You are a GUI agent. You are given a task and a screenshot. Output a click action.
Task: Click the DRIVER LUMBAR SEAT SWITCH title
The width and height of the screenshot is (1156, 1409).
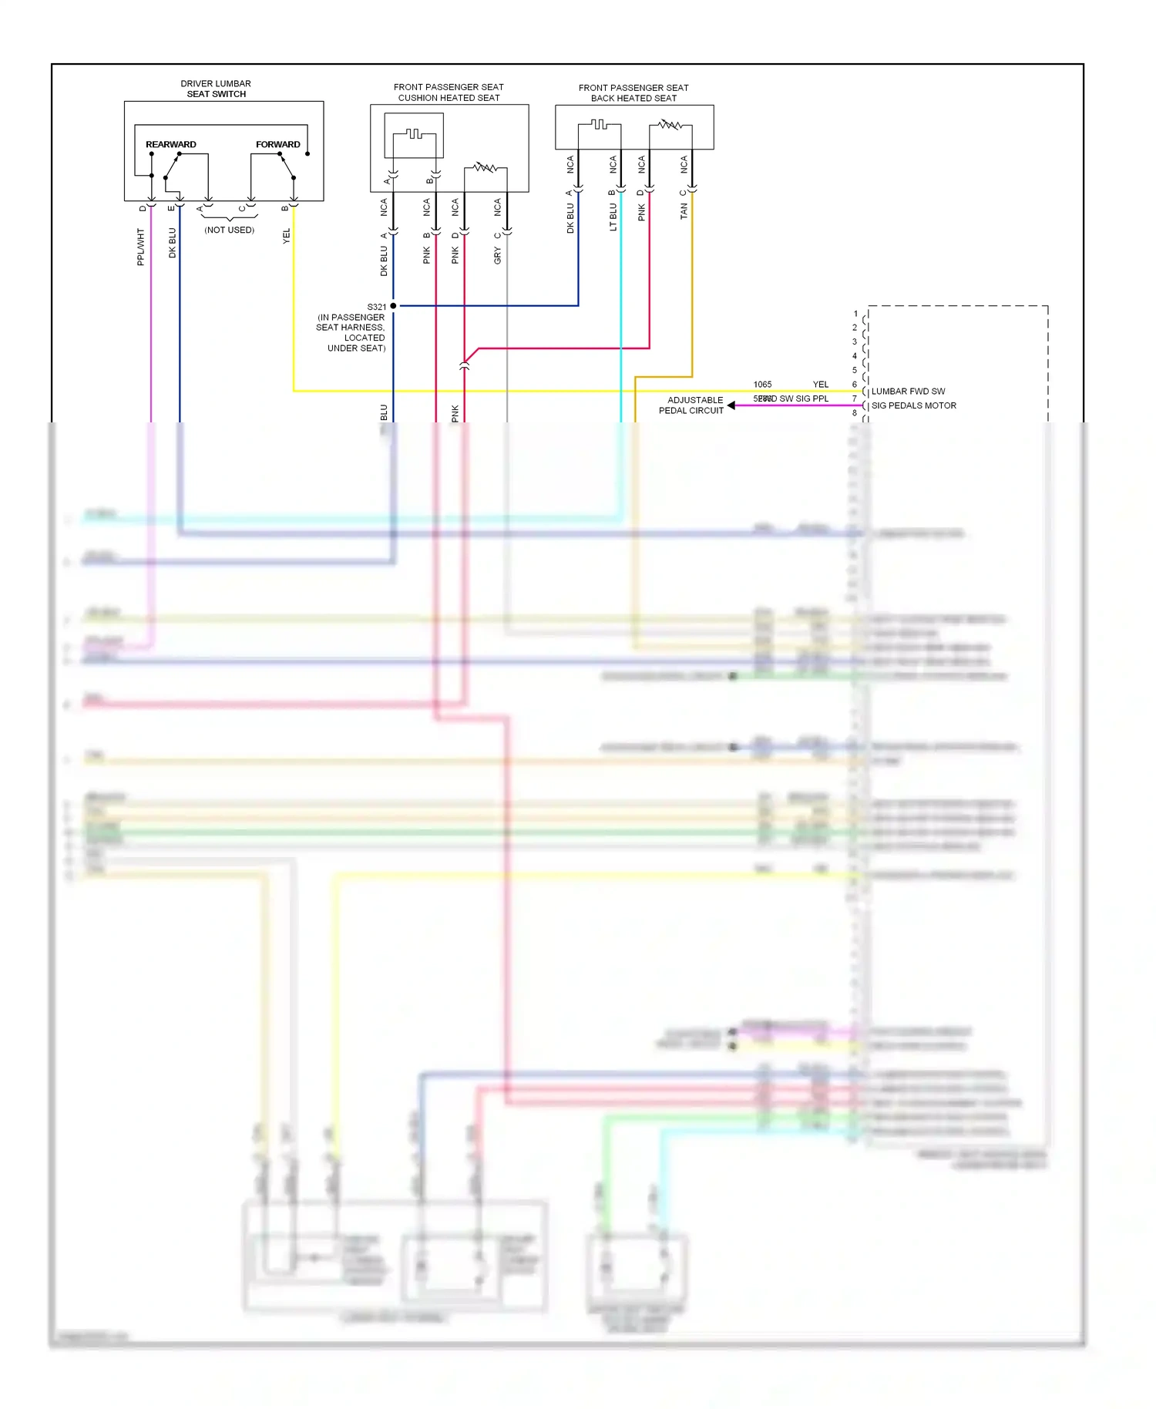click(216, 89)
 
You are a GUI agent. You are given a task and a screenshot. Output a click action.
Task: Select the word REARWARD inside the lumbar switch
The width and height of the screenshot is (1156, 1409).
click(171, 144)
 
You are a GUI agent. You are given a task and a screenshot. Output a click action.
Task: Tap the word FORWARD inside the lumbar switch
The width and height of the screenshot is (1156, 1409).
click(277, 144)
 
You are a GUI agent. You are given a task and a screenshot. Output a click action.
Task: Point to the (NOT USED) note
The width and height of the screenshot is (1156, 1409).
click(229, 230)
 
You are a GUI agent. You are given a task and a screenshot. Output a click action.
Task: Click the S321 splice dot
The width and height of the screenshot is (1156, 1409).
click(393, 306)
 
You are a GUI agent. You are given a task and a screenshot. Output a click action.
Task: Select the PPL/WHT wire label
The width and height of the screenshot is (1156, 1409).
click(140, 247)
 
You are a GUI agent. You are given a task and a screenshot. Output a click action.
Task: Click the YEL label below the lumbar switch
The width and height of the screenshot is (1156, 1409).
click(287, 236)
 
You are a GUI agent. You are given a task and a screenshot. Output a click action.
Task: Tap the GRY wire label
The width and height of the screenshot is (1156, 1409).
click(497, 256)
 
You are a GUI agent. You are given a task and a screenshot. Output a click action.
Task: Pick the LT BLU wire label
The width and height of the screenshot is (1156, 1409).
click(613, 217)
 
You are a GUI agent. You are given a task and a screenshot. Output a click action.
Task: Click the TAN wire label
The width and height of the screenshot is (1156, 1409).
click(684, 211)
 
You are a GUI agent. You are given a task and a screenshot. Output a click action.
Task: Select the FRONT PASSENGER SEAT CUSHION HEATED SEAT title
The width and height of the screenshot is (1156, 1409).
click(449, 92)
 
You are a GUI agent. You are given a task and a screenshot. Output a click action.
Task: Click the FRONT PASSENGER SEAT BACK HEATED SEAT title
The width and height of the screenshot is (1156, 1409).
click(633, 93)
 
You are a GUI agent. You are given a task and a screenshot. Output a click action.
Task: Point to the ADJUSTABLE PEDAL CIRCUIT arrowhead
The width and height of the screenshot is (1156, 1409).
click(731, 405)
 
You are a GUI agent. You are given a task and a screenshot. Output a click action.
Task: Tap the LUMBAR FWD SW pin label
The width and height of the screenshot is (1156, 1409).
click(908, 392)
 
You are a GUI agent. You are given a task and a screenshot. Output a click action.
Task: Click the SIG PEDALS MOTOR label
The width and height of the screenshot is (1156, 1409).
click(913, 405)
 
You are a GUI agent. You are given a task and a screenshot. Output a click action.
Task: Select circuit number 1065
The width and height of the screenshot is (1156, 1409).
click(762, 384)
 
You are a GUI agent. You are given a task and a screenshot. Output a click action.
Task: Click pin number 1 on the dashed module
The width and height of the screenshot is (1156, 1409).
click(855, 314)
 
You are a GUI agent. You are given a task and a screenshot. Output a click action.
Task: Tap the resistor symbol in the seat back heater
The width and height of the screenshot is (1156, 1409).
click(669, 124)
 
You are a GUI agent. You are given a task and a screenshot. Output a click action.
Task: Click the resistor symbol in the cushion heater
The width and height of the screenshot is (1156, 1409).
click(485, 166)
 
